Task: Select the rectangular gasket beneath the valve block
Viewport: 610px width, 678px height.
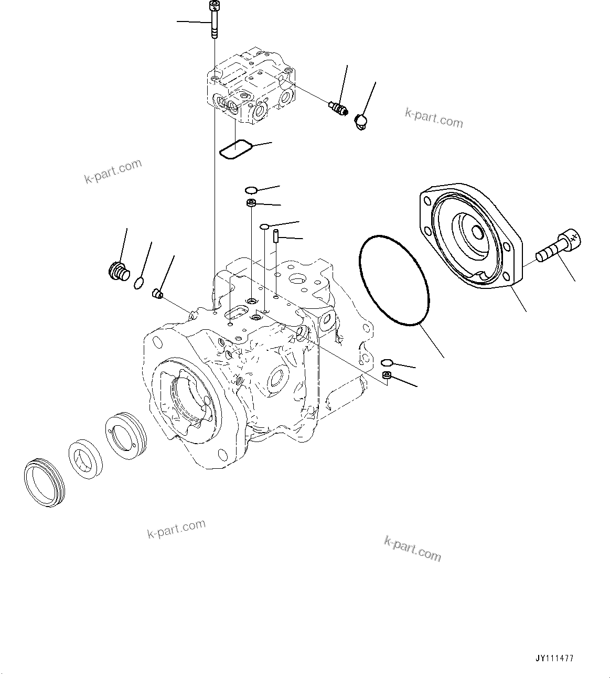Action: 235,148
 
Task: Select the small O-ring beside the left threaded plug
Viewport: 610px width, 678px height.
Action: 138,283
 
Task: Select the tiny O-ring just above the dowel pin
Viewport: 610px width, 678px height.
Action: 265,227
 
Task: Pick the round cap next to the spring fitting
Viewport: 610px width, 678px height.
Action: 361,121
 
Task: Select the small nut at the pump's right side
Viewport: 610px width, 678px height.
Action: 386,375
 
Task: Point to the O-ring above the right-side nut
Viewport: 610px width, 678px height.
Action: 387,362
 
